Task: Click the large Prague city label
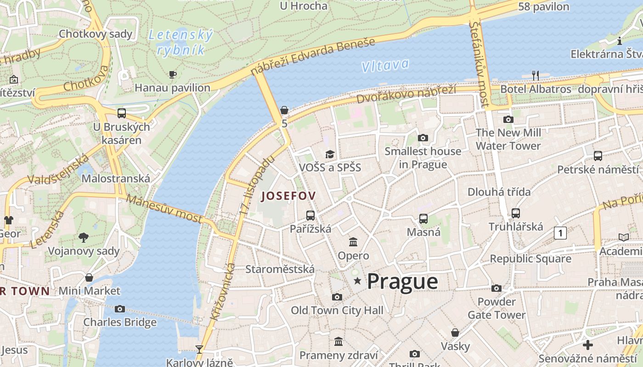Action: point(402,281)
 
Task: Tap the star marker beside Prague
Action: point(357,280)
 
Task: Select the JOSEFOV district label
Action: point(288,196)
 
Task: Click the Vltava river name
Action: point(385,66)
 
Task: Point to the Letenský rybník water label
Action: point(180,42)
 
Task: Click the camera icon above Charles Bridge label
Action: point(120,309)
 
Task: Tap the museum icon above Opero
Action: point(353,242)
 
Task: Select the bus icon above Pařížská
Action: point(310,215)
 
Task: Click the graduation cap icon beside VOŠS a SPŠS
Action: point(330,154)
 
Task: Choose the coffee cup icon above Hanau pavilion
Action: point(173,74)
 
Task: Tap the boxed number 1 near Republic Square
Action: point(560,233)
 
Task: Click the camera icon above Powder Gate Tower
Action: point(496,288)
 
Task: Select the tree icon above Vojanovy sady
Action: point(84,237)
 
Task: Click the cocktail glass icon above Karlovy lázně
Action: point(199,350)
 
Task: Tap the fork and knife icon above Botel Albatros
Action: point(535,75)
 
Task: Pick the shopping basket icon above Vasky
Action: point(455,333)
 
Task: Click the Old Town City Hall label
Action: point(337,311)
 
